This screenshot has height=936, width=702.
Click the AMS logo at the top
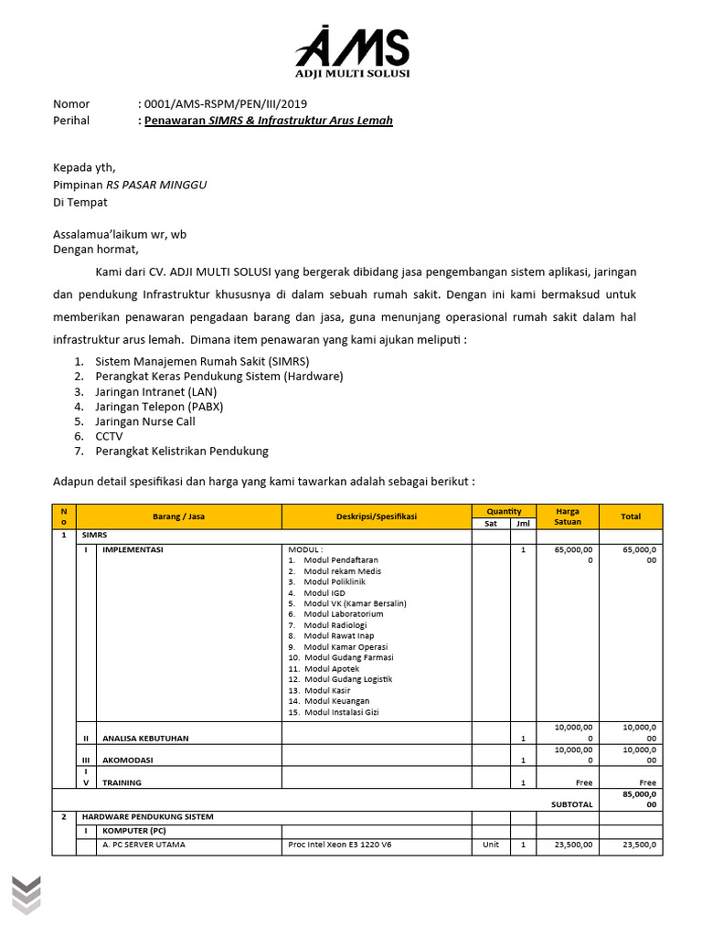pos(352,52)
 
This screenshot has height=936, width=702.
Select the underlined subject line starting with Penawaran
pos(269,121)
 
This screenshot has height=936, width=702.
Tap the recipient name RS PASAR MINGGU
pos(156,185)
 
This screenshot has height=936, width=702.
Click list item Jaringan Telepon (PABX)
pos(159,406)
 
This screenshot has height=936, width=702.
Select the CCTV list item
pos(109,436)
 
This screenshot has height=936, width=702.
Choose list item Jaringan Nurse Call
pos(145,421)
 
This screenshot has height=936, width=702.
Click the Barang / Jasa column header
pos(178,516)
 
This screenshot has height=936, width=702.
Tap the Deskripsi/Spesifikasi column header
pos(376,516)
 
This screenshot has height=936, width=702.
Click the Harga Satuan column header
pos(567,516)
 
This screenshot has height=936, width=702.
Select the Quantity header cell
pos(504,511)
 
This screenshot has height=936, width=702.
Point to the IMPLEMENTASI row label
pos(133,550)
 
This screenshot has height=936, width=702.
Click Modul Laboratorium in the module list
pos(344,614)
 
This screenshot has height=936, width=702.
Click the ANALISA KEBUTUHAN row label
pos(146,738)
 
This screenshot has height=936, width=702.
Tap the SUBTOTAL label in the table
pos(571,804)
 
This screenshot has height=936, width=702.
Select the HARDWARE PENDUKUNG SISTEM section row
pos(147,816)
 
